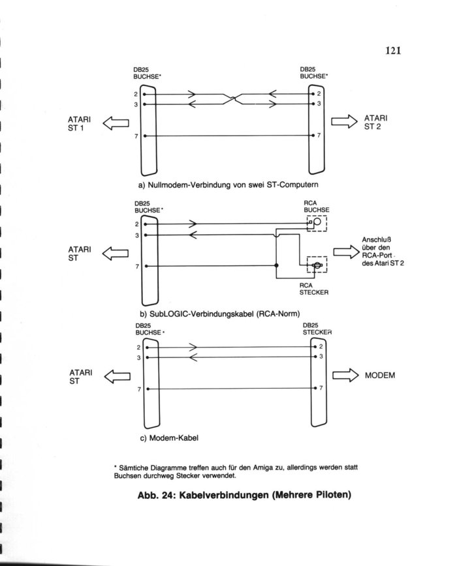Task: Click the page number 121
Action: pyautogui.click(x=393, y=50)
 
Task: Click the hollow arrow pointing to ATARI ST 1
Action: pyautogui.click(x=116, y=123)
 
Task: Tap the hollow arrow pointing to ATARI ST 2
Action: pyautogui.click(x=345, y=121)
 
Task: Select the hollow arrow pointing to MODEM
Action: pyautogui.click(x=345, y=376)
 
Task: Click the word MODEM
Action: pyautogui.click(x=380, y=376)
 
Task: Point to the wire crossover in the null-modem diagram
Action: pyautogui.click(x=233, y=98)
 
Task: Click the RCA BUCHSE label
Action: pyautogui.click(x=316, y=207)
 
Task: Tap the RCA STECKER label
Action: pyautogui.click(x=314, y=289)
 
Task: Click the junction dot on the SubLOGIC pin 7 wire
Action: pyautogui.click(x=277, y=265)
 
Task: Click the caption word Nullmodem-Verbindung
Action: pyautogui.click(x=189, y=185)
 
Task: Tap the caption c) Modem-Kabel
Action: pyautogui.click(x=169, y=438)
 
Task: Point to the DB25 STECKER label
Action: pyautogui.click(x=317, y=329)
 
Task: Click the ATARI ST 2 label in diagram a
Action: pyautogui.click(x=375, y=123)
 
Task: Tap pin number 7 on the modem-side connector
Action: pyautogui.click(x=321, y=388)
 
